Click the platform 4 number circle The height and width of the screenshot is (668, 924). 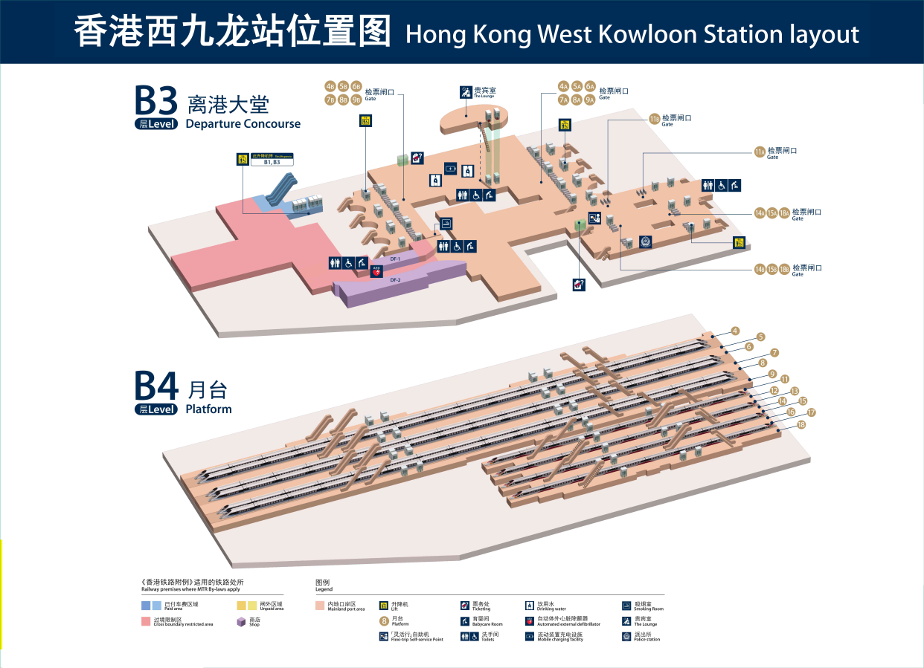coord(735,331)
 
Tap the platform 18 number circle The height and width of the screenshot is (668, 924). coord(801,425)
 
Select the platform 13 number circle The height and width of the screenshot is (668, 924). coord(795,391)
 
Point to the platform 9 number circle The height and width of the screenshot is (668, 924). coord(773,374)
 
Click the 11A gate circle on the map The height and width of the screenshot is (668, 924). coord(760,152)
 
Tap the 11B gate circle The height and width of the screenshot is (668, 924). coord(655,119)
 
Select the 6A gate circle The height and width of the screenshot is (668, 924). coord(590,85)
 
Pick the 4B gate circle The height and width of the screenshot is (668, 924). coord(330,86)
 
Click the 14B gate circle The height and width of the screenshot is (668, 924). coord(760,269)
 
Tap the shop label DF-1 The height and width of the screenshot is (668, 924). coord(395,259)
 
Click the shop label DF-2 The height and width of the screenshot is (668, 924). coord(395,279)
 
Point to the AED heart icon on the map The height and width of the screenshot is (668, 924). coord(376,271)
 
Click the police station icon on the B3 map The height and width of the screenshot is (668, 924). coord(645,241)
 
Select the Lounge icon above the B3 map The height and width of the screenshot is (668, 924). coord(466,92)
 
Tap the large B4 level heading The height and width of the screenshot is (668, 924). coord(156,386)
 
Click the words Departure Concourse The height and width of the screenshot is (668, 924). coord(243,124)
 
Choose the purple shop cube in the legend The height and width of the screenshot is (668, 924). coord(241,622)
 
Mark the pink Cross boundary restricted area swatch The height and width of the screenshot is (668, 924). coord(147,621)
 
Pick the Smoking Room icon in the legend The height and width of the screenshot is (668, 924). coord(627,606)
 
